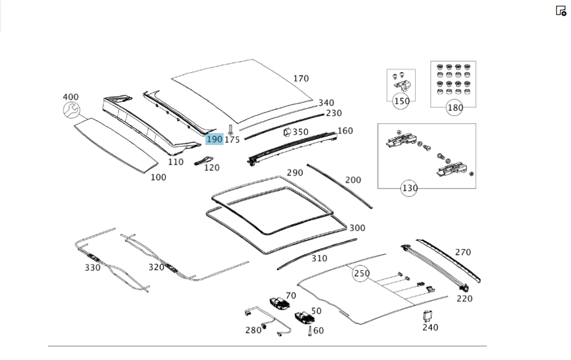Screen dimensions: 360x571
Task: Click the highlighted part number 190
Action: (x=214, y=139)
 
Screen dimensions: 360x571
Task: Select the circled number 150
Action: (x=402, y=101)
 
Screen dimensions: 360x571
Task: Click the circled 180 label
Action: (x=455, y=107)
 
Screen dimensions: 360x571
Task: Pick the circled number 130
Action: (x=409, y=187)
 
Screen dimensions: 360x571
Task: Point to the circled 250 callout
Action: (x=361, y=273)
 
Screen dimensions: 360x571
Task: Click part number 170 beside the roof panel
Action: (x=301, y=79)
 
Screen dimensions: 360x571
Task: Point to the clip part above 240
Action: (x=426, y=315)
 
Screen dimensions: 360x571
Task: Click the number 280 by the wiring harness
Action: (x=253, y=330)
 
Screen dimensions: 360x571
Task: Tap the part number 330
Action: (x=93, y=267)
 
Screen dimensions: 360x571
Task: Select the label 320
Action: (x=156, y=267)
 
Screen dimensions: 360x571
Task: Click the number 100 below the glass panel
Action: (x=158, y=177)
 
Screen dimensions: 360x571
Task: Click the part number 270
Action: (x=463, y=251)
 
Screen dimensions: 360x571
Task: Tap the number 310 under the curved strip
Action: (x=319, y=258)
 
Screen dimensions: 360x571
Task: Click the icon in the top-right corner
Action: (x=561, y=10)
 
